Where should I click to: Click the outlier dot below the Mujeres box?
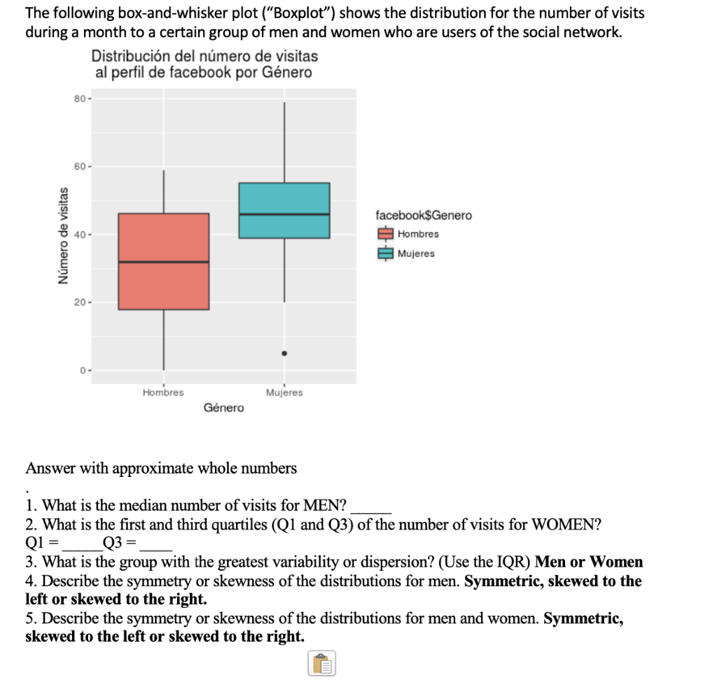click(x=284, y=354)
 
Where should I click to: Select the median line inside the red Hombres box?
click(x=163, y=262)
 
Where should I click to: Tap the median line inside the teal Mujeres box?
click(x=284, y=214)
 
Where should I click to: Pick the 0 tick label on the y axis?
click(x=81, y=370)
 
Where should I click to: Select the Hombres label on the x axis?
click(x=163, y=393)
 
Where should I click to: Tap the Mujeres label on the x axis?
click(x=284, y=393)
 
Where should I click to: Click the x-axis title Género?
click(x=224, y=408)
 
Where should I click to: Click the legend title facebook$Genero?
click(x=424, y=215)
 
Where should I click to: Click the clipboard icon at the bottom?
click(x=321, y=663)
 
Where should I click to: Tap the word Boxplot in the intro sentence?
click(x=307, y=13)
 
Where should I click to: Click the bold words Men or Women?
click(x=588, y=562)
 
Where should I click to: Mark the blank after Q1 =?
click(x=82, y=544)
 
